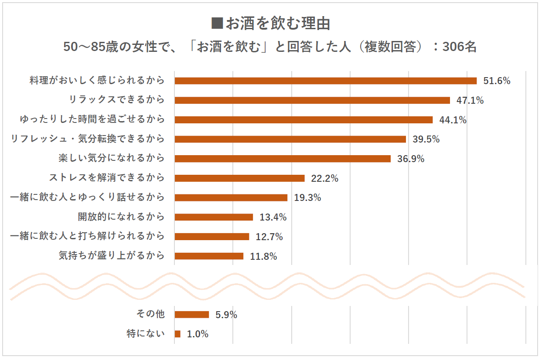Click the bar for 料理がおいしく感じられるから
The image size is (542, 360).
point(325,81)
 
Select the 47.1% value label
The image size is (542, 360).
point(470,100)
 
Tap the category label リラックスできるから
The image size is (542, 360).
point(117,100)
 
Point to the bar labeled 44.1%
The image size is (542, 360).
point(303,120)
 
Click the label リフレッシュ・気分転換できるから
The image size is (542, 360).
point(88,139)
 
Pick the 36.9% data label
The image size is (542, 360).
point(411,159)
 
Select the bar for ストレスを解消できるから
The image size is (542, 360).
point(239,178)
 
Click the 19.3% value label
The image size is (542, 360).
point(307,197)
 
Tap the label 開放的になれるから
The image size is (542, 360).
point(121,217)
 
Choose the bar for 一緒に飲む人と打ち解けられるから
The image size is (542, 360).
point(211,237)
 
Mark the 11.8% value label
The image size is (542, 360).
point(263,256)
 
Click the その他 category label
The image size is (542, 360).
point(150,314)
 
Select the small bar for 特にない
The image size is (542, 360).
point(177,334)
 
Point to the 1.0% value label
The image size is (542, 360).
point(198,334)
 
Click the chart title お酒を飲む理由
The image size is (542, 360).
point(277,24)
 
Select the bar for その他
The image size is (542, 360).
point(191,315)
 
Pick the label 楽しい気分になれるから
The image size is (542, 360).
point(112,158)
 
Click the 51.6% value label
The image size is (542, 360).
point(497,81)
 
